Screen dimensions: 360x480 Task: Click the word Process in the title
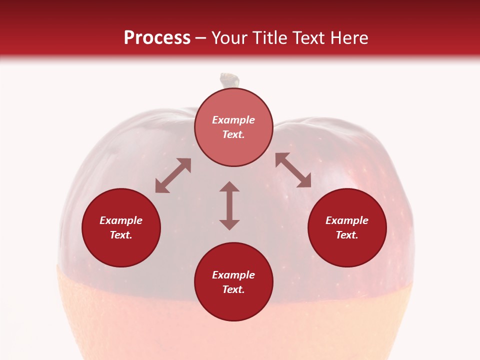tap(157, 38)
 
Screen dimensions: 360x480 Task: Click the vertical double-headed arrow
tap(229, 205)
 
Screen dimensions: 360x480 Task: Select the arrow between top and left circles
tap(173, 175)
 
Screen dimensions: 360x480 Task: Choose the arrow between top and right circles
tap(293, 170)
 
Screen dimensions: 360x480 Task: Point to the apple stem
tap(230, 80)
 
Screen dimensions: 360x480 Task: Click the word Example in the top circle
tap(233, 120)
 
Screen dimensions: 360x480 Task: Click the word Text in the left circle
tap(121, 235)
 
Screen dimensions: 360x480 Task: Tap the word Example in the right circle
tap(347, 220)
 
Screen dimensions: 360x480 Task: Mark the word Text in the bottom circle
tap(233, 289)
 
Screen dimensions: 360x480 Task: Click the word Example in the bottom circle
tap(233, 275)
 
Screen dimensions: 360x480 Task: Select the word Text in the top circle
tap(233, 134)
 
